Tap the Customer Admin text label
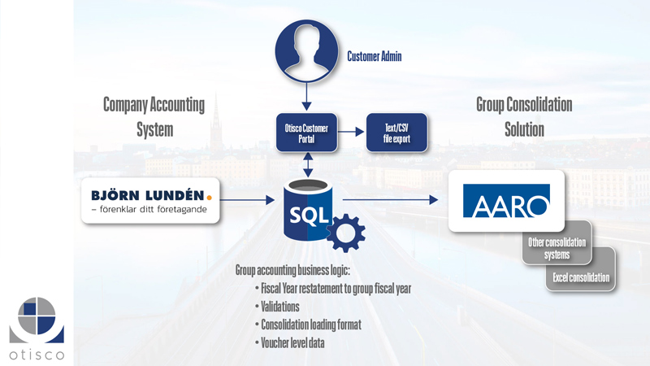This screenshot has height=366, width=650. [375, 57]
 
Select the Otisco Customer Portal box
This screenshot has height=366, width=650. [307, 133]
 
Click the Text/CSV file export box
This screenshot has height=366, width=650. [396, 133]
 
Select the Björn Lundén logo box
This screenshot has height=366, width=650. [151, 201]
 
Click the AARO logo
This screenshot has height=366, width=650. [506, 201]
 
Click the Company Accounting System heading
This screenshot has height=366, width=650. [154, 116]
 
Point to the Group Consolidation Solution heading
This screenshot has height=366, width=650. [523, 116]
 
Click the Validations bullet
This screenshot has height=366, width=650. [279, 307]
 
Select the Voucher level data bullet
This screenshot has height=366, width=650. [292, 343]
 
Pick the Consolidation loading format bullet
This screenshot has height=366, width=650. [310, 325]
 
